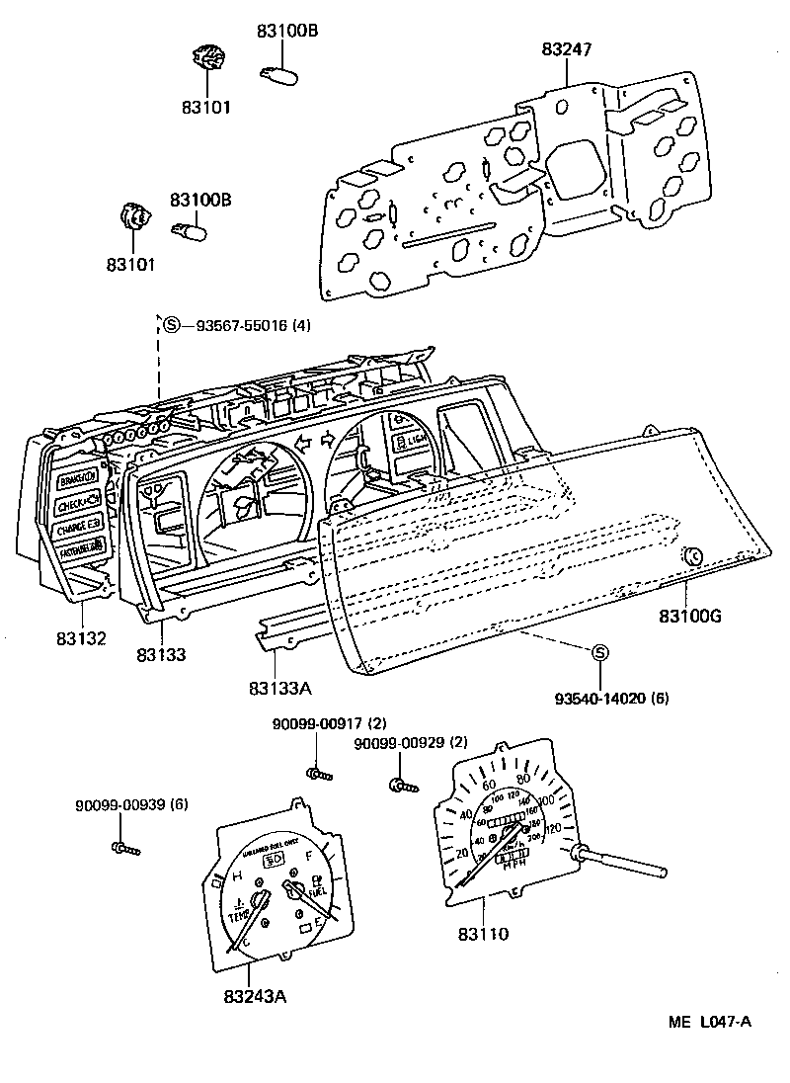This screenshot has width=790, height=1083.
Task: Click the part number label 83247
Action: tap(567, 48)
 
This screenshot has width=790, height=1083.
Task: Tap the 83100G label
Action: tap(691, 617)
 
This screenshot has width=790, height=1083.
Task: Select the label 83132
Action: tap(81, 639)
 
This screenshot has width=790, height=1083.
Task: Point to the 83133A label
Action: tap(279, 687)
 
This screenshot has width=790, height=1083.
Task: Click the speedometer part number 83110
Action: tap(483, 932)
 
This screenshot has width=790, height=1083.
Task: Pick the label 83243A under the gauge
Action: tap(254, 995)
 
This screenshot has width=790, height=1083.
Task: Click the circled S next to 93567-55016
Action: tap(171, 325)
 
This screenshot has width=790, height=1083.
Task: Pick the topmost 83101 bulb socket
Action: tap(206, 59)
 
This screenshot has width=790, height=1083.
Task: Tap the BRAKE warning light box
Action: tap(77, 478)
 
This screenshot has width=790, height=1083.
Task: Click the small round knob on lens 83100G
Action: tap(693, 556)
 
